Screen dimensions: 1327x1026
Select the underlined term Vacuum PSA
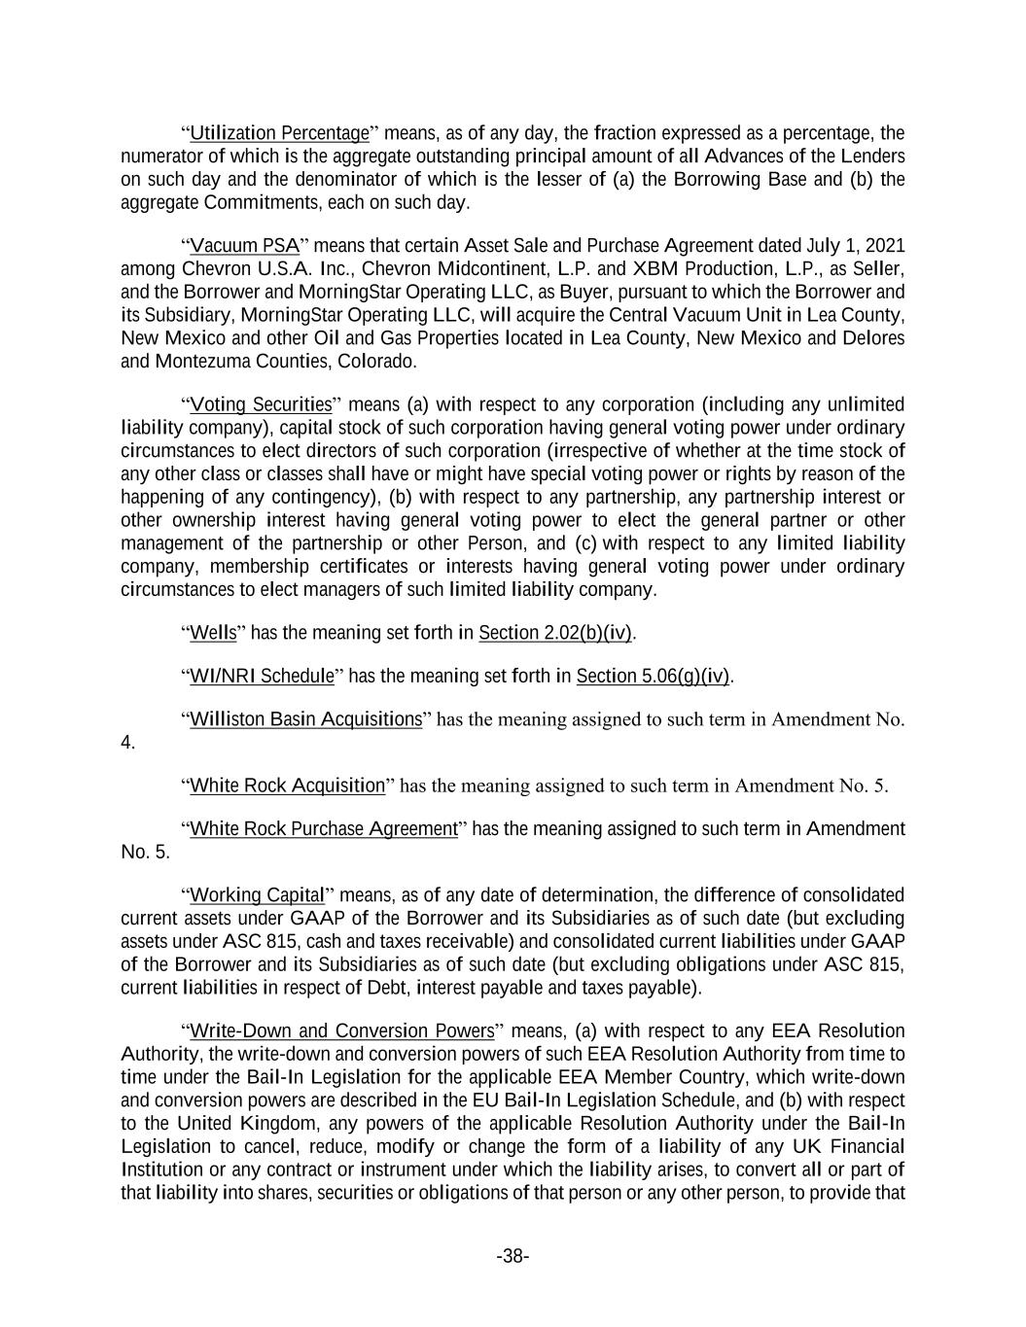[x=244, y=245]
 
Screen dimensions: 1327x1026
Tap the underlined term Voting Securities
[x=261, y=404]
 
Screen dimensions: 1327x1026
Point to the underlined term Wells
[x=213, y=633]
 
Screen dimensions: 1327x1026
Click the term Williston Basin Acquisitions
[x=305, y=719]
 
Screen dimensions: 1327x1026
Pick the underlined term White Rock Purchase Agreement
[x=323, y=829]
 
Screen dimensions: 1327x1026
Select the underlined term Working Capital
[x=257, y=895]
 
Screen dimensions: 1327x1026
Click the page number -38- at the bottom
[x=513, y=1257]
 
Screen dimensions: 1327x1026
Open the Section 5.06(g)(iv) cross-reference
[x=653, y=676]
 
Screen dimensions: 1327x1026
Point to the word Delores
[x=872, y=338]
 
